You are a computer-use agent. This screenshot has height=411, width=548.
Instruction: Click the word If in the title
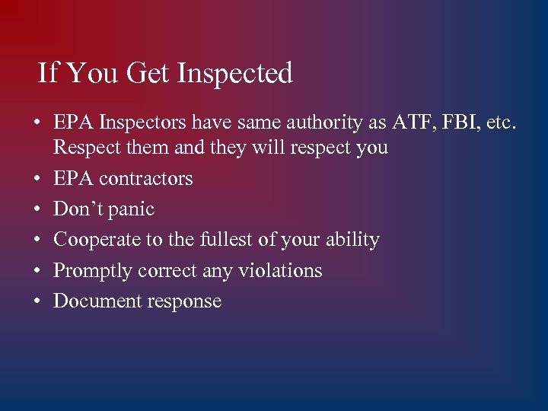47,74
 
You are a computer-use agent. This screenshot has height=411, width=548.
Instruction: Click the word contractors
145,179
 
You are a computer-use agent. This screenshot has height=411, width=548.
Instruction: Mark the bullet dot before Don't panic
37,209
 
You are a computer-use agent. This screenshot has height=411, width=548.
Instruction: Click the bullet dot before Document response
37,301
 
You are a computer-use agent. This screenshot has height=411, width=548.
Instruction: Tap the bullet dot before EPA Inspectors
37,122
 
